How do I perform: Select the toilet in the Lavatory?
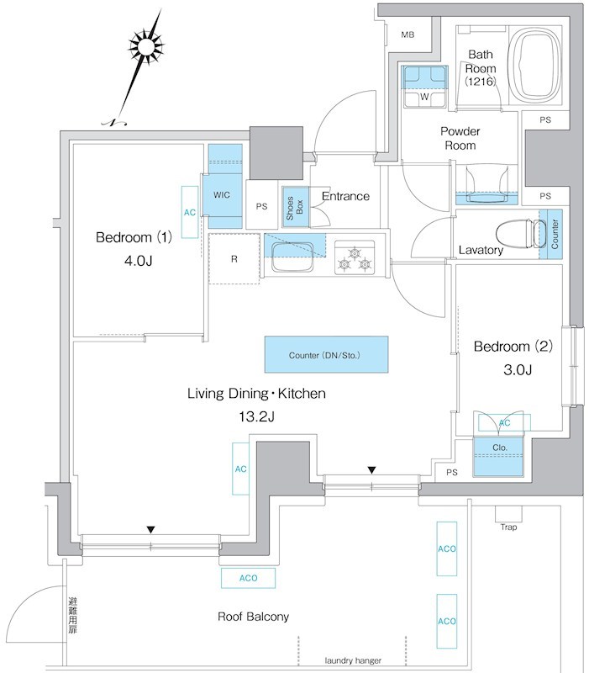[x=513, y=232]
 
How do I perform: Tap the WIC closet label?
[x=222, y=194]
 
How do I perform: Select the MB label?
[x=408, y=34]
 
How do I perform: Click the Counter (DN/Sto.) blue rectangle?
[x=326, y=354]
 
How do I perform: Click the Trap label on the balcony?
[x=508, y=527]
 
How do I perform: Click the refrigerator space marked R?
[x=234, y=258]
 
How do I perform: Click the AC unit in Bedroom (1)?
[x=190, y=212]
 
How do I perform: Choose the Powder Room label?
[x=460, y=139]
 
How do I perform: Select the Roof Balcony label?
[x=253, y=617]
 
